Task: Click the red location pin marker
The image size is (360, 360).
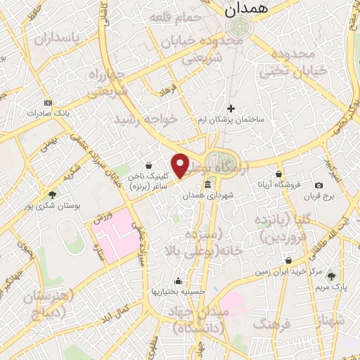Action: click(181, 165)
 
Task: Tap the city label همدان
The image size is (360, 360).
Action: click(242, 10)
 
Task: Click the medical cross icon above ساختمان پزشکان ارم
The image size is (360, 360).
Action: click(231, 108)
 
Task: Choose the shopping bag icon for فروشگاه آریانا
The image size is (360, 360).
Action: click(279, 174)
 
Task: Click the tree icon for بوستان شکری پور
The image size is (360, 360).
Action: click(53, 194)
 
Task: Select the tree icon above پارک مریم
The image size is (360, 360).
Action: click(330, 277)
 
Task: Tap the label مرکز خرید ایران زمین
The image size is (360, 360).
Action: click(280, 271)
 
